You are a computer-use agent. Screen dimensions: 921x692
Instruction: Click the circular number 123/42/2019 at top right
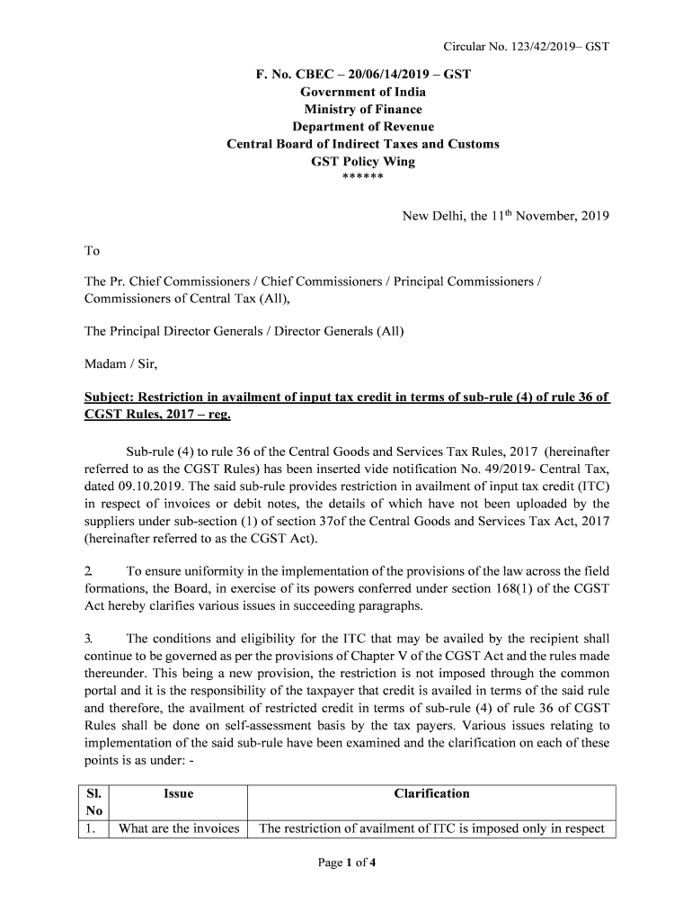527,46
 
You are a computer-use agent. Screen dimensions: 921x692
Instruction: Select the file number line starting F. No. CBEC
363,75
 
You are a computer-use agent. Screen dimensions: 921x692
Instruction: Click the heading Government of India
363,92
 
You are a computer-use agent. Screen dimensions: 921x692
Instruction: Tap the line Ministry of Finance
363,110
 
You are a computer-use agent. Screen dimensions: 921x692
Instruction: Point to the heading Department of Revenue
363,127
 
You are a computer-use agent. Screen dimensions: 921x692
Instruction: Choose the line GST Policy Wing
363,162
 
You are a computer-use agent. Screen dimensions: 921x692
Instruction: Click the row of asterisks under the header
363,177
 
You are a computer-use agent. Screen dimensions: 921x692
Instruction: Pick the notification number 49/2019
477,469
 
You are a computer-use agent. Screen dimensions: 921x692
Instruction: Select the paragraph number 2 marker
88,571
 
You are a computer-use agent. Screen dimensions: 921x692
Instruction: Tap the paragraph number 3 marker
88,639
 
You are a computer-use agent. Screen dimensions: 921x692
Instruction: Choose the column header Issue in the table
178,793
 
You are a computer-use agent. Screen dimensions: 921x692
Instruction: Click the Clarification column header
431,793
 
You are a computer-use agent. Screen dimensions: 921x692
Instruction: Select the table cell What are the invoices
179,829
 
